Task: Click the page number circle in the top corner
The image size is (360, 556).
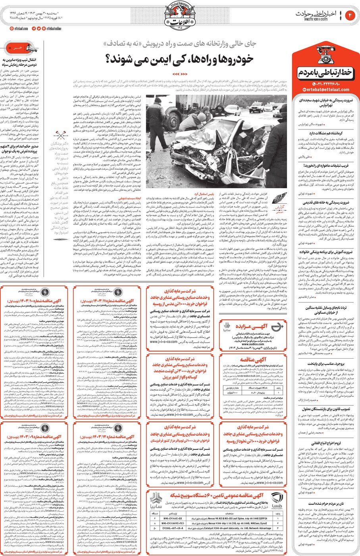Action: click(x=350, y=15)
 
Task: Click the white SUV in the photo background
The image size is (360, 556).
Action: click(x=256, y=106)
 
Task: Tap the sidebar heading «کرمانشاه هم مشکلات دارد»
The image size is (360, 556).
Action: click(x=326, y=133)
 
